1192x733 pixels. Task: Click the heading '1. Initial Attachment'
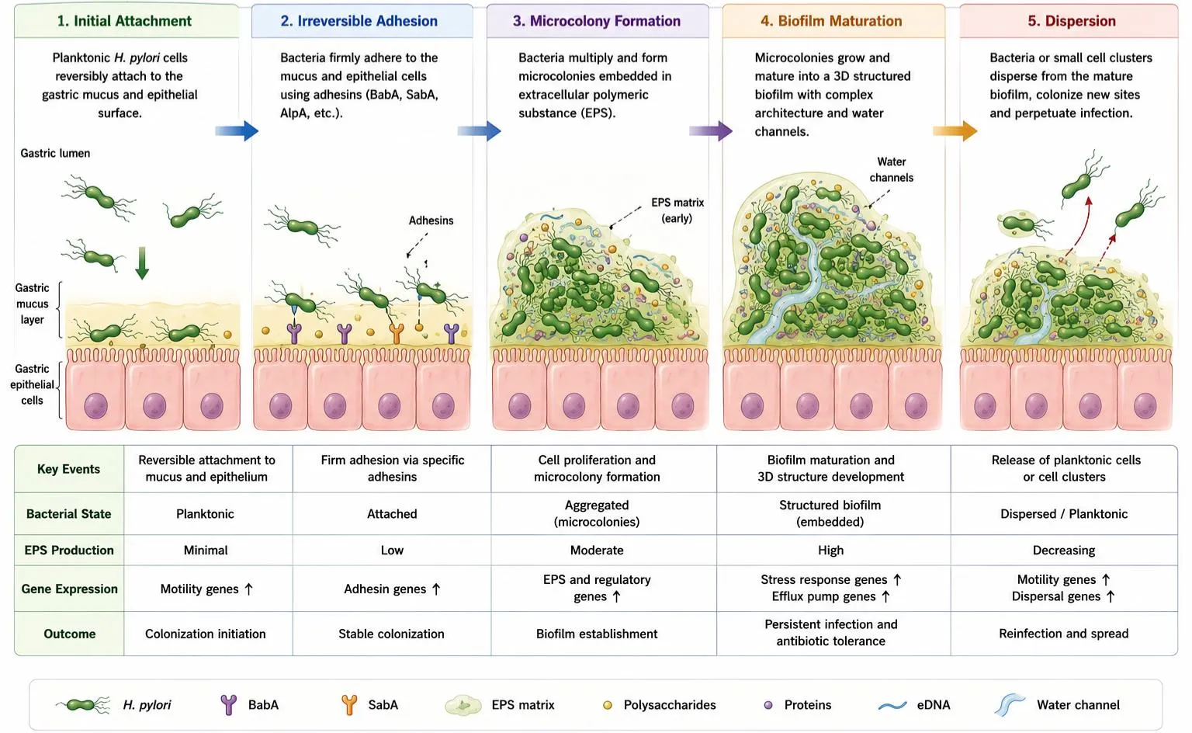tap(124, 21)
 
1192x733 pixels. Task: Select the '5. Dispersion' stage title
tap(1071, 21)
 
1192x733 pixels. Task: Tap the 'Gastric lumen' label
tap(55, 153)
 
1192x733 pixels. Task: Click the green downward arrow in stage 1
tap(142, 263)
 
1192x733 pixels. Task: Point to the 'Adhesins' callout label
tap(431, 221)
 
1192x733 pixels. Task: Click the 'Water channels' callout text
tap(892, 169)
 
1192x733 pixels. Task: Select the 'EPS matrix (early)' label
tap(677, 210)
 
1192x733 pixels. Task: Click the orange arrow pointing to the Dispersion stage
tap(955, 130)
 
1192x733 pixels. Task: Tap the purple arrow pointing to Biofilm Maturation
tap(711, 130)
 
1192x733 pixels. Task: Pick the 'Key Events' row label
tap(68, 469)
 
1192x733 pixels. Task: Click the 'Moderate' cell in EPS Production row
tap(597, 550)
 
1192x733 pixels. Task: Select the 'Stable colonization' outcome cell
tap(391, 634)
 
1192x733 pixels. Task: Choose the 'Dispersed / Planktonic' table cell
tap(1064, 514)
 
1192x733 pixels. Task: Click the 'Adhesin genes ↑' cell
tap(392, 589)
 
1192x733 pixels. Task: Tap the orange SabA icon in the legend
tap(349, 705)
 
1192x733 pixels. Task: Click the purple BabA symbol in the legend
tap(229, 705)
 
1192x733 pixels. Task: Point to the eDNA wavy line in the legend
tap(892, 706)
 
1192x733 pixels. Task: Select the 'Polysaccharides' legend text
tap(670, 705)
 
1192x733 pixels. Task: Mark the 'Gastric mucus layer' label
tap(32, 304)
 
